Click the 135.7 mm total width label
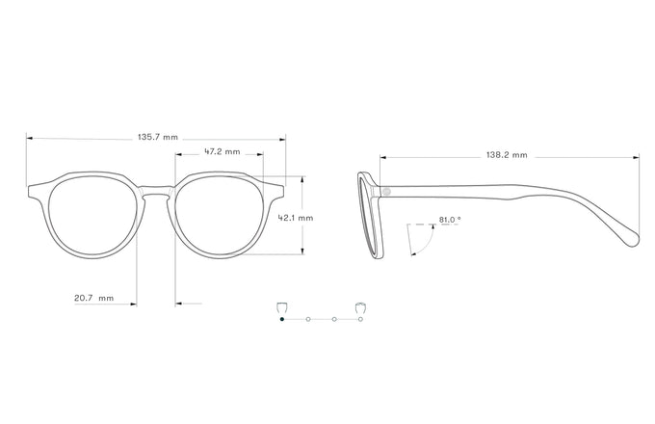click(158, 138)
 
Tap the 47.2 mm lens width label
click(221, 151)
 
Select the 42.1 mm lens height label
click(296, 218)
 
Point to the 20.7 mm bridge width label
click(93, 298)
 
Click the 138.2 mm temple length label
click(507, 154)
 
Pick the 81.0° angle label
click(450, 220)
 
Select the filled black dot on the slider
click(281, 318)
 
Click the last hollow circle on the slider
click(360, 318)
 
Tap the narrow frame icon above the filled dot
click(280, 305)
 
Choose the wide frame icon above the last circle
click(360, 305)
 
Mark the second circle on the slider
click(307, 318)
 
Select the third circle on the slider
click(334, 318)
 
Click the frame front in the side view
click(369, 217)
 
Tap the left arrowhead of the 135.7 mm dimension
click(29, 138)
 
